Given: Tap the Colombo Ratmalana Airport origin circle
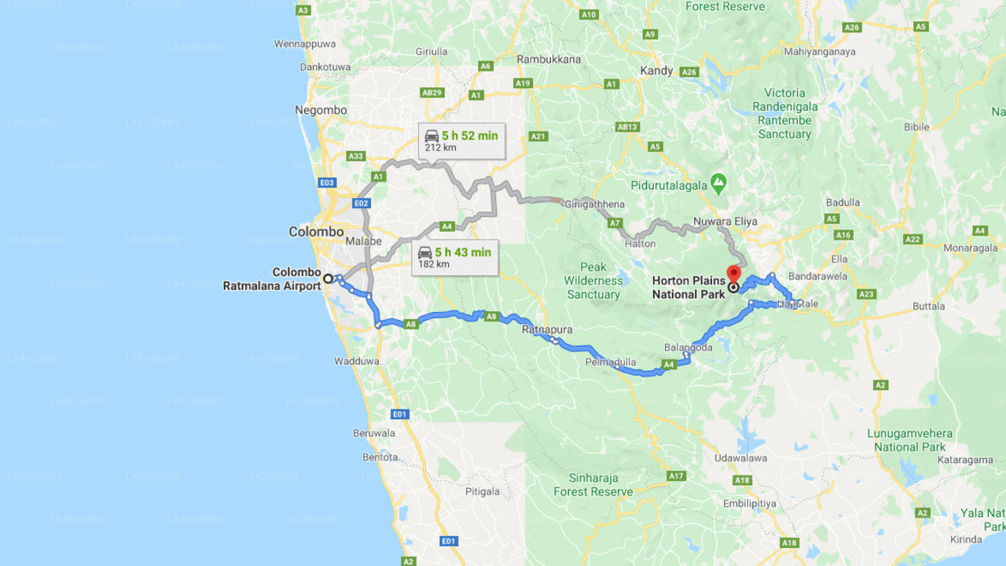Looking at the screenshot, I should pyautogui.click(x=329, y=278).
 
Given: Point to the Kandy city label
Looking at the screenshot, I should pyautogui.click(x=656, y=71).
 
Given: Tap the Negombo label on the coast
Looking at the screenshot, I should pyautogui.click(x=321, y=110).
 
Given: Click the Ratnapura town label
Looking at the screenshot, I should pyautogui.click(x=547, y=329).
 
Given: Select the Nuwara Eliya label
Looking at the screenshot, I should pyautogui.click(x=725, y=222).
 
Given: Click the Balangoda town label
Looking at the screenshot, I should pyautogui.click(x=688, y=347).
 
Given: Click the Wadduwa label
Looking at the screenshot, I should pyautogui.click(x=357, y=362).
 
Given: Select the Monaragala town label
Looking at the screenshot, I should pyautogui.click(x=965, y=247).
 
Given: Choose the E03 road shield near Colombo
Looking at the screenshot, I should pyautogui.click(x=328, y=182).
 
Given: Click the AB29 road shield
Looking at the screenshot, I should pyautogui.click(x=432, y=92).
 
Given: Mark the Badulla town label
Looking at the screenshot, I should pyautogui.click(x=843, y=202).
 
